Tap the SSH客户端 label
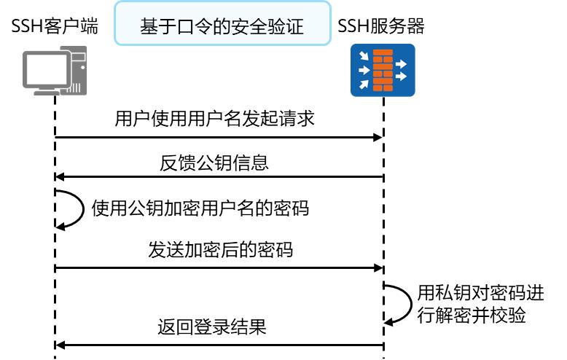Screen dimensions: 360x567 (x=55, y=27)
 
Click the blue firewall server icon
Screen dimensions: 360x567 (x=383, y=70)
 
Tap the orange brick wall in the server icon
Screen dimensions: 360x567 (x=383, y=70)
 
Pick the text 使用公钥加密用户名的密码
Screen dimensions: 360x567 (x=200, y=208)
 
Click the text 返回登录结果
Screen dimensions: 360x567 (x=212, y=327)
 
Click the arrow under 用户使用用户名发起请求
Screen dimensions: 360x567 (x=219, y=136)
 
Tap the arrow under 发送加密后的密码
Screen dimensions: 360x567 (x=219, y=268)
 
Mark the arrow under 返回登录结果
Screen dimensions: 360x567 (x=219, y=344)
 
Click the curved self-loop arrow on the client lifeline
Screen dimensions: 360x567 (x=71, y=209)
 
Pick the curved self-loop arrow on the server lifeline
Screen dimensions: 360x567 (x=400, y=304)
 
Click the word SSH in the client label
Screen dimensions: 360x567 (x=26, y=27)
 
